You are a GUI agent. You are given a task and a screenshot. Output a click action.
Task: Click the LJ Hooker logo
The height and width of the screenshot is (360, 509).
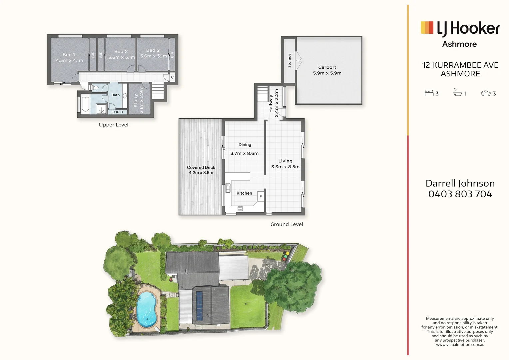pyautogui.click(x=460, y=29)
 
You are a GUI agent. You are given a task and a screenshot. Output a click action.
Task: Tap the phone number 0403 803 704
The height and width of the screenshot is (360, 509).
pyautogui.click(x=460, y=194)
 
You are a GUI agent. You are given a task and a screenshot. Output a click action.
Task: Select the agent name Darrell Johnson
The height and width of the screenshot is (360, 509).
pyautogui.click(x=460, y=183)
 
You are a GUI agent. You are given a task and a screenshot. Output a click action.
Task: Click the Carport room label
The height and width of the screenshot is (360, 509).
pyautogui.click(x=327, y=67)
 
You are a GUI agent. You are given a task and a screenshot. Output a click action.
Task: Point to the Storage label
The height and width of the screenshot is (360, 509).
pyautogui.click(x=289, y=61)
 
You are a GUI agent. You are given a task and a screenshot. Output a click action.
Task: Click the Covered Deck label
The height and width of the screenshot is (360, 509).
pyautogui.click(x=201, y=167)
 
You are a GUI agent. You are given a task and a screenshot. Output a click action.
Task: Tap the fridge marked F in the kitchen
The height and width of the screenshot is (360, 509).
pyautogui.click(x=260, y=196)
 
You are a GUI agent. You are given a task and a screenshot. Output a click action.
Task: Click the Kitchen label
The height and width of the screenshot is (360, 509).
pyautogui.click(x=244, y=193)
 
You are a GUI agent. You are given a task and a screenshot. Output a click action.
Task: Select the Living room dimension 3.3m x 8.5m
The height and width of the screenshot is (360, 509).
pyautogui.click(x=285, y=167)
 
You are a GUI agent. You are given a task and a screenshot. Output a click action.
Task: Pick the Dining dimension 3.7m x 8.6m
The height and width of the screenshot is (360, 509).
pyautogui.click(x=245, y=153)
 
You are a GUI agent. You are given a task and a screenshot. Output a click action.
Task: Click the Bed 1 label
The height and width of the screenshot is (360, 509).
pyautogui.click(x=69, y=55)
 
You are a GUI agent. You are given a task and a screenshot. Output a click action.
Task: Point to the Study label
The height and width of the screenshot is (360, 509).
pyautogui.click(x=136, y=101)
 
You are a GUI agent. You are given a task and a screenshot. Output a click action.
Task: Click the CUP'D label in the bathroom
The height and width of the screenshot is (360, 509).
pyautogui.click(x=117, y=112)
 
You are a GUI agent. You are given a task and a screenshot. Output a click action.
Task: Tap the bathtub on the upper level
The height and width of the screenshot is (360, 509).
pyautogui.click(x=85, y=104)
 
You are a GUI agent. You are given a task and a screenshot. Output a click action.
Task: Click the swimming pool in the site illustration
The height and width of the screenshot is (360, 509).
pyautogui.click(x=146, y=310)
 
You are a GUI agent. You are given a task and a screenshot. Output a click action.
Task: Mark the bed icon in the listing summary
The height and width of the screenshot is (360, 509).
pyautogui.click(x=429, y=93)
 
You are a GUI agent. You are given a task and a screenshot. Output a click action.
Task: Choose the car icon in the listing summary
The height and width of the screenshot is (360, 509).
pyautogui.click(x=486, y=93)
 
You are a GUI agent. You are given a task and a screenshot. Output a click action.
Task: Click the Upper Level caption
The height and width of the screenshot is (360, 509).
pyautogui.click(x=114, y=125)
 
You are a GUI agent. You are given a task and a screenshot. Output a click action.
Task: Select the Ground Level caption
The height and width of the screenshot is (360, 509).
pyautogui.click(x=286, y=224)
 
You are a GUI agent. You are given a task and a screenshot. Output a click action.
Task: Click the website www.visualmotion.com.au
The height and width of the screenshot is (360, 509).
pyautogui.click(x=460, y=345)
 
